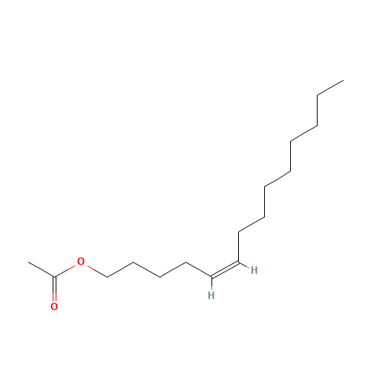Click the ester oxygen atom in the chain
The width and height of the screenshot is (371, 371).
coord(81,261)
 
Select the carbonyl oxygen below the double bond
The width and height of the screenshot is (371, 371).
coord(54,306)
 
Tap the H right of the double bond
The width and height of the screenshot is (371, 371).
coord(255,270)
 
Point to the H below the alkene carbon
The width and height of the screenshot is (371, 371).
coord(211,295)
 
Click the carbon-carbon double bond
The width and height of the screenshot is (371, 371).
coord(225,270)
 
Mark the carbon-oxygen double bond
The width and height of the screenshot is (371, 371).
coord(54,289)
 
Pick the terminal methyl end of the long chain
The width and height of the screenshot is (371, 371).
coord(344,80)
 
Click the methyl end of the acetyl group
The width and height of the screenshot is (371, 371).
coord(28,262)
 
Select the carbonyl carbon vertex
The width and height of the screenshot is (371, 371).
coord(54,277)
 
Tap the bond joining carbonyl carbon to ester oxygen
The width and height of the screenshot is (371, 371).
coord(65,271)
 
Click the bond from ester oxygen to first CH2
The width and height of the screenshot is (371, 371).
coord(97,272)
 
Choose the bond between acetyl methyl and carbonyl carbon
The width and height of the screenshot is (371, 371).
coord(42,269)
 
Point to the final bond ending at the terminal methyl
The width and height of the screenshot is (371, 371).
coord(330,88)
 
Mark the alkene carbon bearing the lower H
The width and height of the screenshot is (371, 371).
coord(211,277)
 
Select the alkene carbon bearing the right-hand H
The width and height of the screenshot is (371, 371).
coord(238,262)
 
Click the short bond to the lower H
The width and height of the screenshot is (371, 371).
coord(211,283)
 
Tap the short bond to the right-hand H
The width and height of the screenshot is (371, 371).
coord(244,265)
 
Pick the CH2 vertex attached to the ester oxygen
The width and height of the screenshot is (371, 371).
coord(107,277)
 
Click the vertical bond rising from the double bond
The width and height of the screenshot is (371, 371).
coord(238,247)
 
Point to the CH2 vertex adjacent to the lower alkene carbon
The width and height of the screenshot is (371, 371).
coord(186,262)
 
